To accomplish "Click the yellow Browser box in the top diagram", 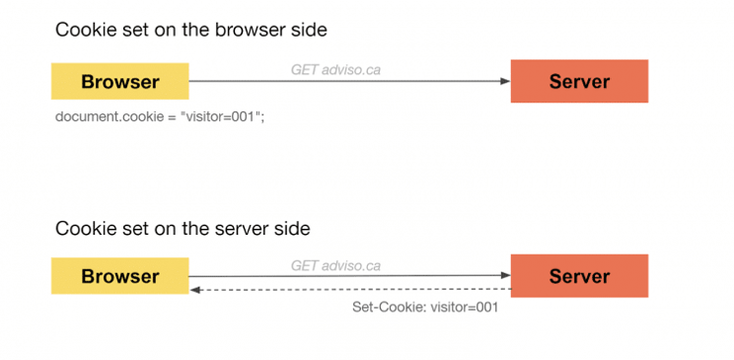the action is click(x=119, y=81).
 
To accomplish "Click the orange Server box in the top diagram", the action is click(x=579, y=81).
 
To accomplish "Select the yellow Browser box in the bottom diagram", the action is click(x=119, y=276).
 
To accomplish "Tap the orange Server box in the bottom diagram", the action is click(x=579, y=276).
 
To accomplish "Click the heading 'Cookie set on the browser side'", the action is click(x=191, y=30).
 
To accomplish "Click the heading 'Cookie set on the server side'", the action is click(x=183, y=229).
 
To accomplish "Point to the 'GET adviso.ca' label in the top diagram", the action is click(x=335, y=70).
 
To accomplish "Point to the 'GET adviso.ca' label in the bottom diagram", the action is click(x=335, y=266).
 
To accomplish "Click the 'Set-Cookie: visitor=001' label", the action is click(x=425, y=308).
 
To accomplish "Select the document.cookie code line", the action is click(x=160, y=116).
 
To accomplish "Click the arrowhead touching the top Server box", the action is click(x=505, y=81).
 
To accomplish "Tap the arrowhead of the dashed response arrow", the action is click(x=194, y=290).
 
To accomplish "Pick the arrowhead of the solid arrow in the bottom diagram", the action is click(x=505, y=275).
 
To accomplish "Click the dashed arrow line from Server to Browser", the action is click(x=349, y=290).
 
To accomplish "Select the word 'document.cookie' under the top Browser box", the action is click(x=109, y=116).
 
